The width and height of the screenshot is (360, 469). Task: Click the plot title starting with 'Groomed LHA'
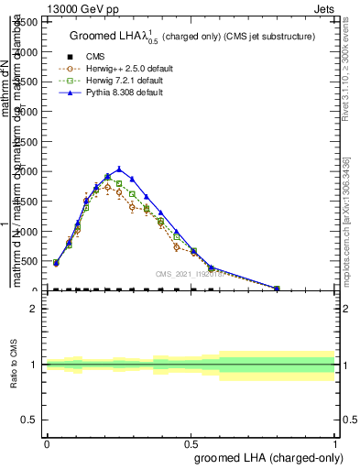click(x=191, y=36)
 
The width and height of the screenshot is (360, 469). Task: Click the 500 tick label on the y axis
click(x=32, y=261)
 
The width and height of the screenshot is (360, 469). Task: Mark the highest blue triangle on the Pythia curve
click(x=118, y=169)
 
